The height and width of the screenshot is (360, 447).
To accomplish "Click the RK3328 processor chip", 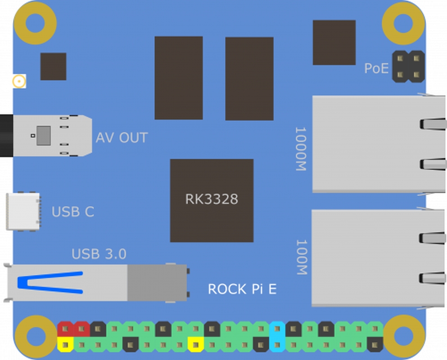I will (212, 200).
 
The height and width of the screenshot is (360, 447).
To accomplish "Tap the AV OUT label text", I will (122, 138).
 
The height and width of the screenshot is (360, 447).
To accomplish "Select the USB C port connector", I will (23, 211).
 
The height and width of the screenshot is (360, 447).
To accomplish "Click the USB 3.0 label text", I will (99, 254).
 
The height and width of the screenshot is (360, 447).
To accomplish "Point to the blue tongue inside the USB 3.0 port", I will (50, 283).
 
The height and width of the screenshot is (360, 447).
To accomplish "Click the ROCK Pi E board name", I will (242, 289).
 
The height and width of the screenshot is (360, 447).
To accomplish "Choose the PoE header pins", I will (408, 66).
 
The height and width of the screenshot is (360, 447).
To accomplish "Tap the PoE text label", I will (376, 69).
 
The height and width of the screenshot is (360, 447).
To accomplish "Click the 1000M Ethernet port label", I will (300, 149).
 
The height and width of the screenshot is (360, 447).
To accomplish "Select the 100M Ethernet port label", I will (300, 257).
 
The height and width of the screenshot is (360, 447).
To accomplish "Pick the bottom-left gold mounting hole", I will (35, 336).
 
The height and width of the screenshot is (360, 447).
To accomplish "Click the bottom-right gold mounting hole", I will (403, 336).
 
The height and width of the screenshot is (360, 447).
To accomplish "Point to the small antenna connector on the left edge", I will (19, 81).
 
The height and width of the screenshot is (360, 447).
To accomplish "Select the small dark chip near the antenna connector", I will (53, 67).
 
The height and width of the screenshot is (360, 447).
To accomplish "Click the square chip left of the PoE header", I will (334, 42).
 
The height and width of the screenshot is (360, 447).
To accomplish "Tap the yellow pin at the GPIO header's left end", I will (66, 345).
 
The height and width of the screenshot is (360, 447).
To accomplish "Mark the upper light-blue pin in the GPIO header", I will (277, 329).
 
